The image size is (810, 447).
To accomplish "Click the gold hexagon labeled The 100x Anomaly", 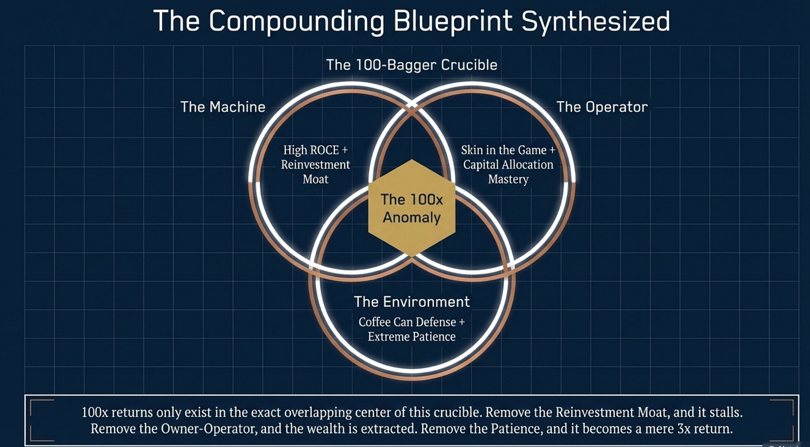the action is click(412, 208).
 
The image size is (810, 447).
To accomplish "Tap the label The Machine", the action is click(223, 107).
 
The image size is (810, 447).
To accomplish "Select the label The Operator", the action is click(602, 107).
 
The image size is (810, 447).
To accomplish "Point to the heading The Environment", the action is click(412, 302).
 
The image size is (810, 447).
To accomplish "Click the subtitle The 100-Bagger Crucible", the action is click(412, 65).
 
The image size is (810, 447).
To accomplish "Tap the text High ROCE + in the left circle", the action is click(315, 150).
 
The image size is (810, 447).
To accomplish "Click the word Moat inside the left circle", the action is click(315, 179).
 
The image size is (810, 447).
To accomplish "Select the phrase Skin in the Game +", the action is click(508, 150).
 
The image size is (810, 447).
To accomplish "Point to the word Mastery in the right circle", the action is click(508, 179).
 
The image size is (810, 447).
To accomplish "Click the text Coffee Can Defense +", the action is click(412, 322).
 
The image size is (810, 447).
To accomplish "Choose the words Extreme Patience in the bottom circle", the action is click(412, 336).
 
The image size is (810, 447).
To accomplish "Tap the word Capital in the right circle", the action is click(484, 165).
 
